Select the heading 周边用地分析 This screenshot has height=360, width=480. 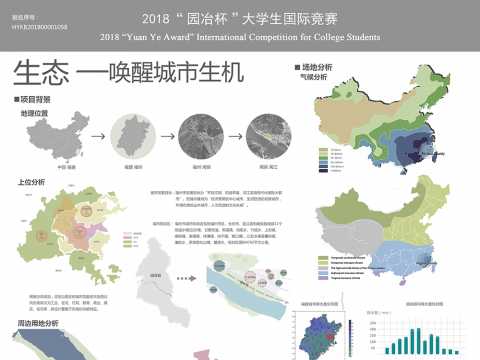pyautogui.click(x=37, y=324)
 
